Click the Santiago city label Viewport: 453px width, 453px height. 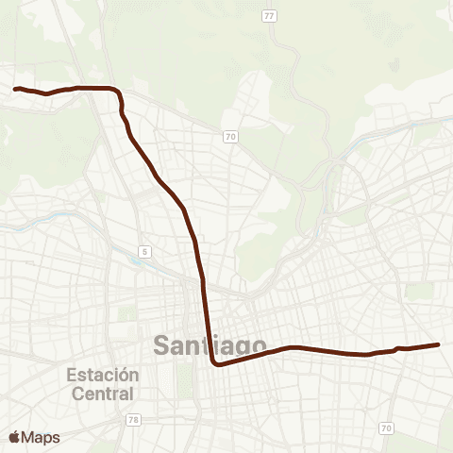tap(209, 346)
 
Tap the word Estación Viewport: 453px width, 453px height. tap(103, 375)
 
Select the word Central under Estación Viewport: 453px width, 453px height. tap(103, 392)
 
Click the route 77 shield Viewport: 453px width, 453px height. tap(270, 16)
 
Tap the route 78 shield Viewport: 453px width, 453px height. tap(133, 419)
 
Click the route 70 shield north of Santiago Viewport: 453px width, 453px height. tap(230, 137)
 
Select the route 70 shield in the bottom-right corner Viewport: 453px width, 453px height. tap(387, 428)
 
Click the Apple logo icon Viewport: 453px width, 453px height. tap(14, 437)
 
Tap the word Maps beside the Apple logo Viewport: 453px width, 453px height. tap(41, 438)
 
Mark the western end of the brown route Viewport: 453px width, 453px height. tap(15, 89)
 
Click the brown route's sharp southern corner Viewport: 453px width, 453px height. tap(215, 362)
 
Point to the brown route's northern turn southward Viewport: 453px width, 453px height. tap(117, 92)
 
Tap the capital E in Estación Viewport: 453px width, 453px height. tap(72, 375)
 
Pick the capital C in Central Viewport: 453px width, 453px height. tap(74, 392)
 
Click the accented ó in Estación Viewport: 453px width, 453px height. tap(125, 375)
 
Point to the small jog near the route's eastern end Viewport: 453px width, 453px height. tap(394, 349)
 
